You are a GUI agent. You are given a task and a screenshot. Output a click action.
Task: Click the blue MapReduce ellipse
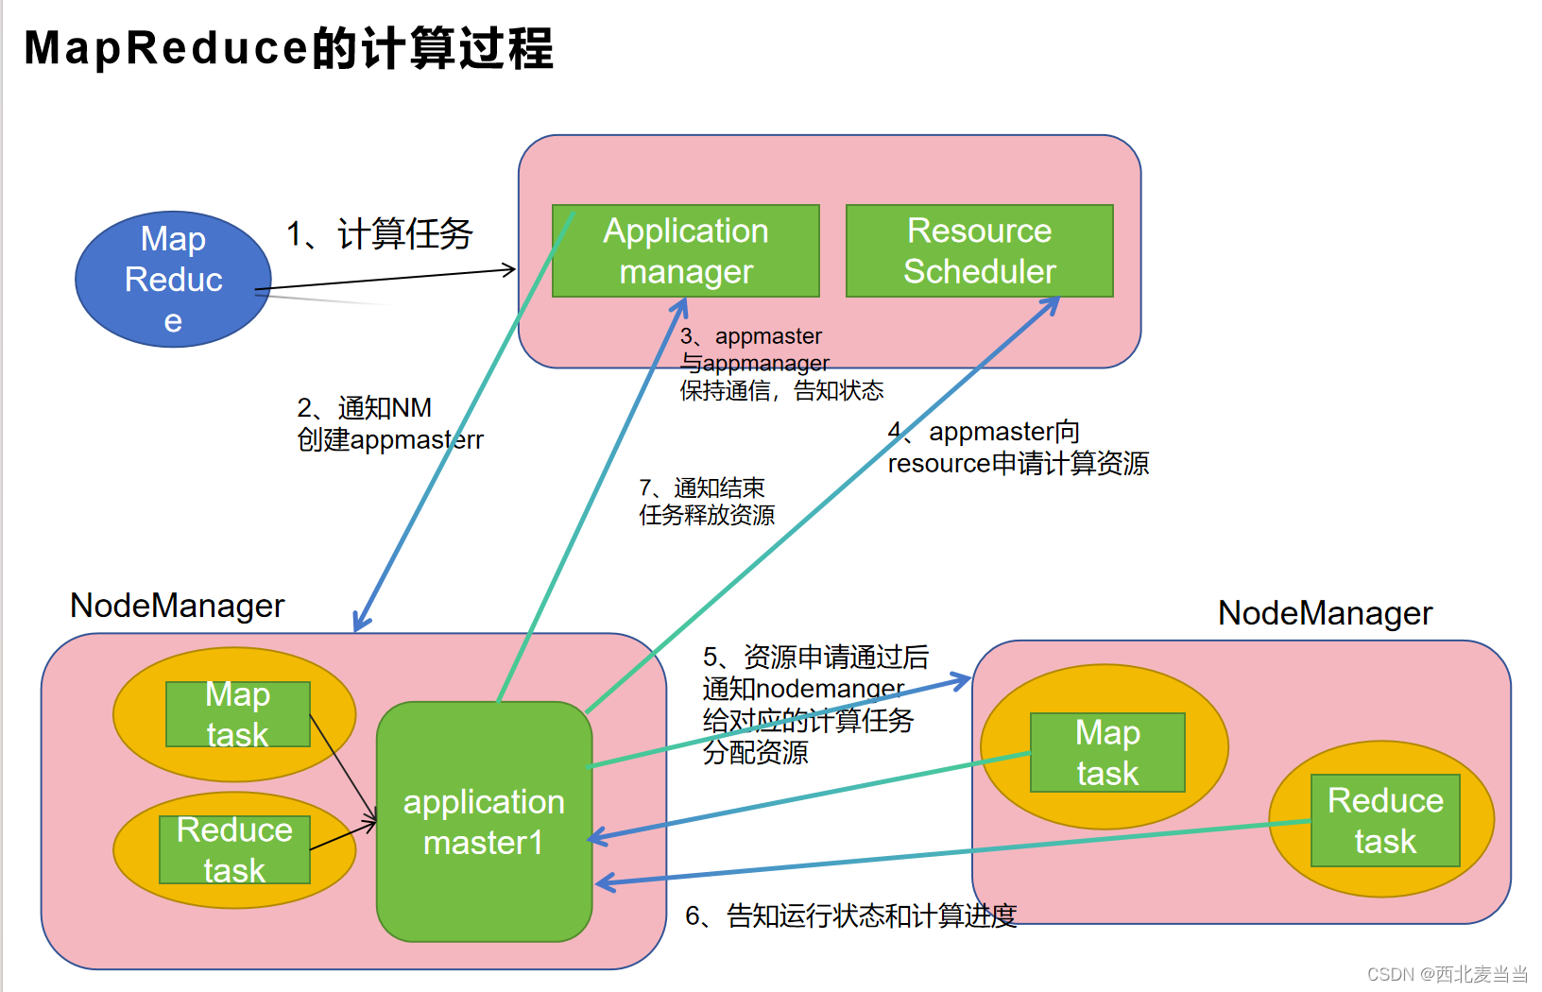[x=173, y=279]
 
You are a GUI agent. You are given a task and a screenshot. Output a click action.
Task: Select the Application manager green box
[x=685, y=250]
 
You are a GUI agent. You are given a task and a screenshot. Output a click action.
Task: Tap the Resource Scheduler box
[x=979, y=250]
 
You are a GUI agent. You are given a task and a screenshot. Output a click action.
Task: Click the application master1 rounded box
[x=484, y=821]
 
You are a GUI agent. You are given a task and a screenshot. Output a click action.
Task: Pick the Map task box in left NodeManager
[x=237, y=714]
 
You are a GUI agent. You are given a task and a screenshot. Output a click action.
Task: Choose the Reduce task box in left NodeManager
[x=234, y=849]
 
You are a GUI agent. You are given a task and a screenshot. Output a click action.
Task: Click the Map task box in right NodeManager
[x=1107, y=752]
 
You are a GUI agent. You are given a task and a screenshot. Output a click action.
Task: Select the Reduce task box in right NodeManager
[x=1385, y=820]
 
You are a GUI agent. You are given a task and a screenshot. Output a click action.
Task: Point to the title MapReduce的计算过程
[x=288, y=48]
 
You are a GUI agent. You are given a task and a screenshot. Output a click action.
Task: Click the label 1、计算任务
[x=380, y=233]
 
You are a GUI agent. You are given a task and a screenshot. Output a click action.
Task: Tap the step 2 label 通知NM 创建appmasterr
[x=389, y=423]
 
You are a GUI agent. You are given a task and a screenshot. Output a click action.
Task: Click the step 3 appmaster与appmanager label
[x=780, y=364]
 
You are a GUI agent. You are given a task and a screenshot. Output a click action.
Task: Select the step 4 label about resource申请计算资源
[x=1018, y=448]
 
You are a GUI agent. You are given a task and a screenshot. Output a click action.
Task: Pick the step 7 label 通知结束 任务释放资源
[x=706, y=502]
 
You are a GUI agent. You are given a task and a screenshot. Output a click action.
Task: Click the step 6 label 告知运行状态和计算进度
[x=850, y=915]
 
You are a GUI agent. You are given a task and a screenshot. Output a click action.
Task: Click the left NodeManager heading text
[x=177, y=606]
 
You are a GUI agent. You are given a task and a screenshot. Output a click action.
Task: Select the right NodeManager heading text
[x=1325, y=613]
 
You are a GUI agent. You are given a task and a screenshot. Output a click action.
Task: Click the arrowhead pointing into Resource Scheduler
[x=1051, y=305]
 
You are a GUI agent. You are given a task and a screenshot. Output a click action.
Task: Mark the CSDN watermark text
[x=1447, y=974]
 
